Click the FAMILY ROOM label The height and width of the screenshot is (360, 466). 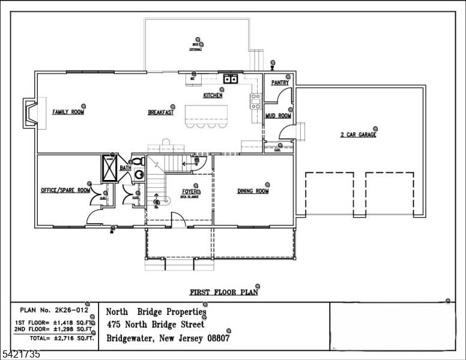click(x=68, y=112)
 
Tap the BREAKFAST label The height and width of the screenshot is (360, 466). click(x=161, y=112)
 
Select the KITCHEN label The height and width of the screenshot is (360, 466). click(x=213, y=95)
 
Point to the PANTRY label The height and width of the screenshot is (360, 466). click(x=280, y=83)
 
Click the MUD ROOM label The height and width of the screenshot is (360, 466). click(x=278, y=116)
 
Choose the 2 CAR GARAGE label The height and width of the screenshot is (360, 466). click(x=358, y=135)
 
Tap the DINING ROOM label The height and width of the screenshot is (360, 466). click(x=253, y=191)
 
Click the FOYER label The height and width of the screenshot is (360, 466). click(x=190, y=191)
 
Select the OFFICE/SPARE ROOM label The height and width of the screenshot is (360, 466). click(x=65, y=191)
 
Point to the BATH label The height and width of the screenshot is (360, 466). click(x=125, y=169)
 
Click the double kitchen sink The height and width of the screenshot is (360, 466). click(x=231, y=79)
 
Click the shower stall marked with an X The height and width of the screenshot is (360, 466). click(x=110, y=168)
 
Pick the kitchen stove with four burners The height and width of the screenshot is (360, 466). click(x=255, y=100)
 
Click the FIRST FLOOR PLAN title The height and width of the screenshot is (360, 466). click(x=223, y=293)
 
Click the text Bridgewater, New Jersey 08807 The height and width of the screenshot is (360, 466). click(x=168, y=338)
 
